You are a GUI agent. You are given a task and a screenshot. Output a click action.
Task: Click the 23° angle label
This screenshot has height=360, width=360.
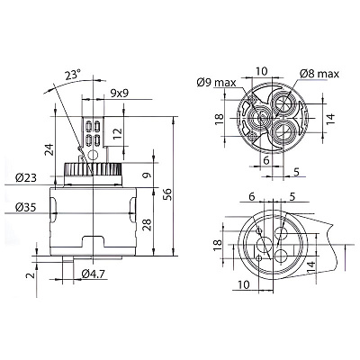73,75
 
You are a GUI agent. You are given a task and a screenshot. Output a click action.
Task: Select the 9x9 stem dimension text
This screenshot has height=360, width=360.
120,94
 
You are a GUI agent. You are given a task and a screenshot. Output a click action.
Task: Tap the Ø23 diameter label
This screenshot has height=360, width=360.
26,178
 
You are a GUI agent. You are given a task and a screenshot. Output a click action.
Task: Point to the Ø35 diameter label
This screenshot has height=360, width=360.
26,207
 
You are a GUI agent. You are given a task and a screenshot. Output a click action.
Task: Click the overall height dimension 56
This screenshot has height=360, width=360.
167,194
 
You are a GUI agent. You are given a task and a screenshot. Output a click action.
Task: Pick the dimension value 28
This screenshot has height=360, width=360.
147,224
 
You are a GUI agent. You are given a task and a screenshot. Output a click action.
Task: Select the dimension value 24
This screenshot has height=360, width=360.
49,149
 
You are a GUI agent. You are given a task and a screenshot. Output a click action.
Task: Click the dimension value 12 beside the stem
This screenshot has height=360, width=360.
117,134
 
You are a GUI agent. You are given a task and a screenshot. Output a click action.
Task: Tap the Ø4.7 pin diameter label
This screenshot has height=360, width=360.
94,274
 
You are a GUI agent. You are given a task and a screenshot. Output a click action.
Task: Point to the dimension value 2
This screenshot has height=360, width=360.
31,274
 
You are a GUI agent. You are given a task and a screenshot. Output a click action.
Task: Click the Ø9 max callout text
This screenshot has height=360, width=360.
216,83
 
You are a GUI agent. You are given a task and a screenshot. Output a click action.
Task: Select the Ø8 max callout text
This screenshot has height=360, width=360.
319,74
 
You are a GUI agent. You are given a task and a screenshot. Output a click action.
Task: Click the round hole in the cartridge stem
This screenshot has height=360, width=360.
93,155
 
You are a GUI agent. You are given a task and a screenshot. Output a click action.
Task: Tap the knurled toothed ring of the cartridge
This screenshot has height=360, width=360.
93,169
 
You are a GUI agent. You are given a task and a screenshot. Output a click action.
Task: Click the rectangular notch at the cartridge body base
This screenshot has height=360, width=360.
94,241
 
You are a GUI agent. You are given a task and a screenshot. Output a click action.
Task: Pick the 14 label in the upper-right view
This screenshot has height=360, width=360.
330,119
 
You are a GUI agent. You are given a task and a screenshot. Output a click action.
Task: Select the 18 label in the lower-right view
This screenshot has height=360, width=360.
218,246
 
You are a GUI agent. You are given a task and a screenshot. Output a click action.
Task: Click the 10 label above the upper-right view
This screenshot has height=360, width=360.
261,71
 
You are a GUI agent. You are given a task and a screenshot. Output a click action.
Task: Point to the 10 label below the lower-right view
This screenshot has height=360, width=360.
244,284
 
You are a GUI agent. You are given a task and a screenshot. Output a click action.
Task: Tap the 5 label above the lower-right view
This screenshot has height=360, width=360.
292,197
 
